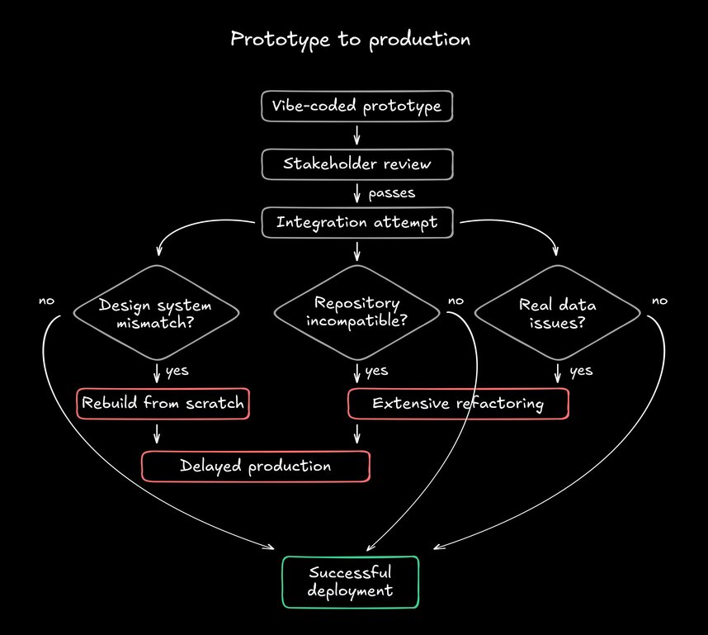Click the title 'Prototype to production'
[x=350, y=39]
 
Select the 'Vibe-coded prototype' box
[x=356, y=107]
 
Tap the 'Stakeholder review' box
[x=356, y=163]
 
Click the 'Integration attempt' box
[x=356, y=222]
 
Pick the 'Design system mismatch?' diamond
[x=157, y=313]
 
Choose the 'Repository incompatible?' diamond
[x=356, y=312]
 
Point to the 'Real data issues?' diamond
[x=558, y=313]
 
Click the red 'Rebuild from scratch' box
[x=163, y=404]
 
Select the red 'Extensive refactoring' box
[x=458, y=404]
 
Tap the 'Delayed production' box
[x=256, y=467]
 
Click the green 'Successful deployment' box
[x=351, y=581]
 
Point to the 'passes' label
[x=391, y=193]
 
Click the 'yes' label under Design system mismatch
[x=177, y=371]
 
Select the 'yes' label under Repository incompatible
[x=376, y=371]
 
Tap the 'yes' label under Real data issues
[x=581, y=371]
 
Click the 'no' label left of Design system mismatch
[x=46, y=301]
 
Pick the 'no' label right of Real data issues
[x=659, y=301]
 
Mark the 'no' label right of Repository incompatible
[x=455, y=301]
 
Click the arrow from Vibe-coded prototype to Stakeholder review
[x=356, y=135]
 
